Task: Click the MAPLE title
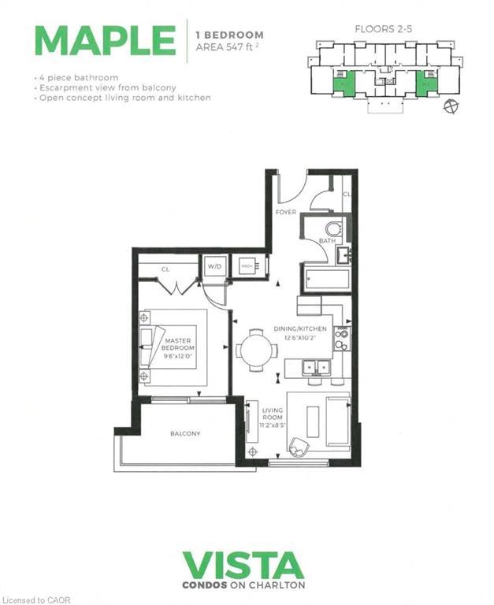point(105,40)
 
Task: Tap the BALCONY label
point(185,434)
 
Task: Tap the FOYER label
point(285,212)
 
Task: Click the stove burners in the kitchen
point(341,338)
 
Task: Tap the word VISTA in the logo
point(243,566)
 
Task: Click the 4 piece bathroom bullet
point(76,77)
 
